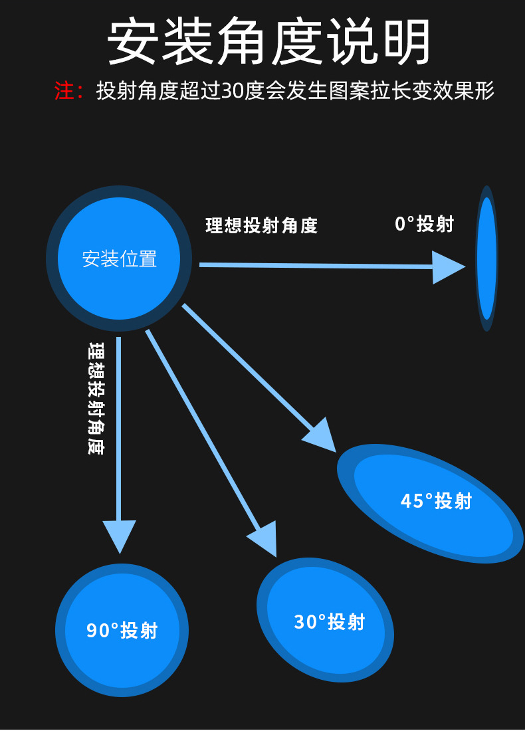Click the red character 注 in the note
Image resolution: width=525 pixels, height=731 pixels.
tap(64, 91)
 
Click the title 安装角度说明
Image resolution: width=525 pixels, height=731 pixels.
tap(269, 42)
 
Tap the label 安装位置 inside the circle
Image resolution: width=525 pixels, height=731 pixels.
tap(120, 259)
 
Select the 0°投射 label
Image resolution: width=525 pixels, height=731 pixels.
tap(424, 224)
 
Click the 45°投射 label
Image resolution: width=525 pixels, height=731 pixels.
tap(436, 501)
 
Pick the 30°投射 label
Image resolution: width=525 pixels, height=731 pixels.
tap(330, 622)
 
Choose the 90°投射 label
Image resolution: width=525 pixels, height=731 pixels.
tap(122, 630)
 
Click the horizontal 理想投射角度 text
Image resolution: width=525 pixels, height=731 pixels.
tap(262, 226)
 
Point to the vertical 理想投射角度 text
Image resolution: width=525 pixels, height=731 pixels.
tap(96, 399)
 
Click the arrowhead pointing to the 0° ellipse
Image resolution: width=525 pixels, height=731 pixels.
tap(447, 267)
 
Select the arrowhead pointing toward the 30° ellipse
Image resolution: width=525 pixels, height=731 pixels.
tap(264, 537)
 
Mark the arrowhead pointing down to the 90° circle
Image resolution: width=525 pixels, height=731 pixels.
tap(120, 534)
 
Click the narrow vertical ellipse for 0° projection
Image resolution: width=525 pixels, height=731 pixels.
tap(487, 259)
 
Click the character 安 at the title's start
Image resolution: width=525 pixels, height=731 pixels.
tap(132, 42)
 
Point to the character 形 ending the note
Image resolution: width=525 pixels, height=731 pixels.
tap(485, 91)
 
